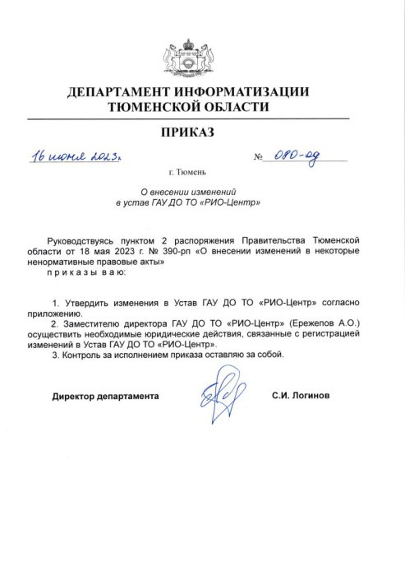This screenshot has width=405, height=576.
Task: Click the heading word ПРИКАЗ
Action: click(202, 132)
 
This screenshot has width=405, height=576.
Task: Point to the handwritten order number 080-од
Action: click(298, 156)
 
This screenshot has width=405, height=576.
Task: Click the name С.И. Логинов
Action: click(300, 396)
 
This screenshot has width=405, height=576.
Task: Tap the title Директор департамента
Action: click(105, 396)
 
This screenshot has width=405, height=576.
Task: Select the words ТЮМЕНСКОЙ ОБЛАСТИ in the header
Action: click(202, 107)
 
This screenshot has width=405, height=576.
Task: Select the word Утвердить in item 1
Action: click(91, 304)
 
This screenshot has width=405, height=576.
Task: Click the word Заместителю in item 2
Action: click(97, 324)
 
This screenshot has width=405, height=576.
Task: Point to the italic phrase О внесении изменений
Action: click(202, 191)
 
